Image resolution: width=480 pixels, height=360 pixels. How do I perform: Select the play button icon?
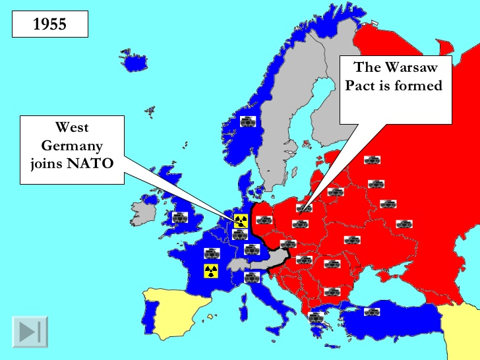point(30,331)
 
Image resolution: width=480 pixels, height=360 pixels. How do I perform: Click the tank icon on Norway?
point(248,121)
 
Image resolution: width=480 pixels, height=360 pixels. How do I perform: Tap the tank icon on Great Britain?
point(180,216)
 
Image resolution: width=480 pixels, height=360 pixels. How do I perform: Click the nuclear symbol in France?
point(211,270)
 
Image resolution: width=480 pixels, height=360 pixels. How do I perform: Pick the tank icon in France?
point(212,253)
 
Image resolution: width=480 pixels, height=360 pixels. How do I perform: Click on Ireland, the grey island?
point(144,213)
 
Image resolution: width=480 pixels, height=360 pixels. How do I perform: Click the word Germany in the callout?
point(72,145)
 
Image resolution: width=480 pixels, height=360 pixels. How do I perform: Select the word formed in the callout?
point(419,85)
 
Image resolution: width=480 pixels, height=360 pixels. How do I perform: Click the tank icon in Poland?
point(301,224)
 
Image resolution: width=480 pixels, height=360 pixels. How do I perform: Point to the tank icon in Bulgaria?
point(332,291)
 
